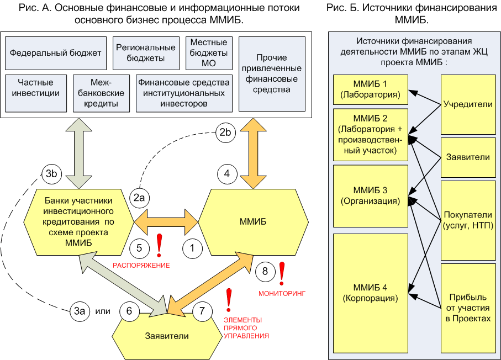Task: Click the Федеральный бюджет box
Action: coord(55,53)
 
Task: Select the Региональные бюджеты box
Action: coord(146,53)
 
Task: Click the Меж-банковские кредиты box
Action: coord(102,93)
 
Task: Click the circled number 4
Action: coord(226,173)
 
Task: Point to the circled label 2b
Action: coord(224,133)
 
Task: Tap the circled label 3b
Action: coord(52,174)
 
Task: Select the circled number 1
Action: coord(192,248)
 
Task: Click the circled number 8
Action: coord(265,271)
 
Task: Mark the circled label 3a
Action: coord(80,311)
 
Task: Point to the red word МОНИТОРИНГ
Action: coord(282,293)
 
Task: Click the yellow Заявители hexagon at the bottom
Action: coord(167,336)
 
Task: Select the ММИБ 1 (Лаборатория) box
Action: coord(370,89)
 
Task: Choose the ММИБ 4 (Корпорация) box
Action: coord(370,293)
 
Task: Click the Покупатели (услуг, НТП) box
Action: coord(468,219)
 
